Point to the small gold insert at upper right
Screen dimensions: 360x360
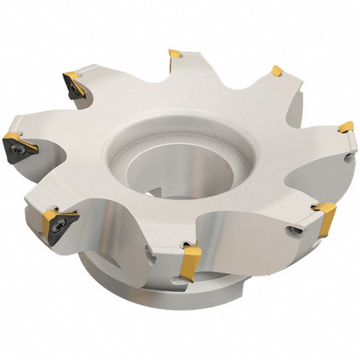click(277, 71)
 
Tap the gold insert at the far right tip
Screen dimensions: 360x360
click(346, 127)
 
